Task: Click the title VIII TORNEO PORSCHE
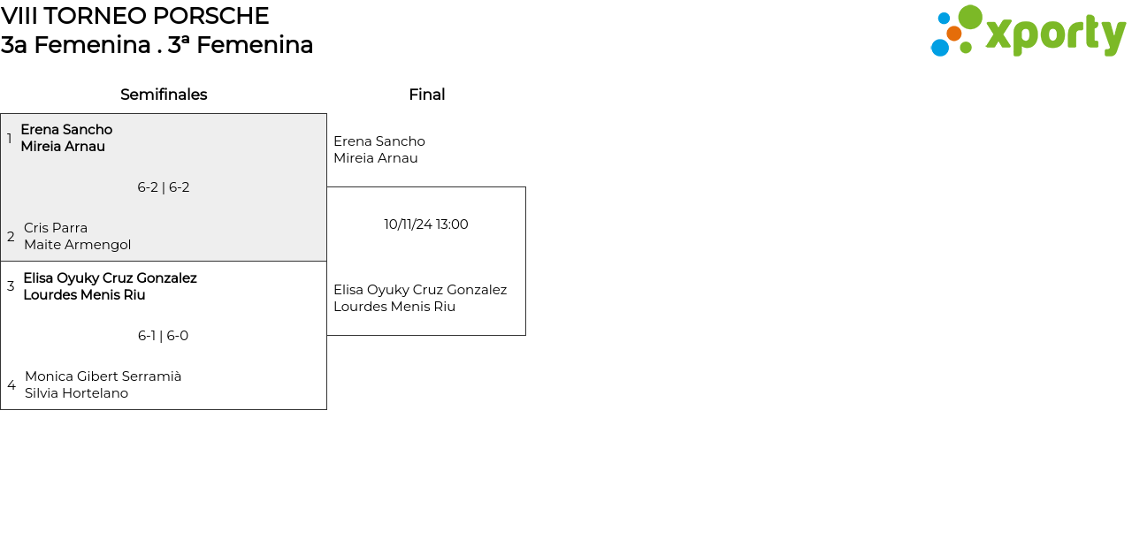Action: point(134,16)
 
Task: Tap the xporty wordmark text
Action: point(1056,34)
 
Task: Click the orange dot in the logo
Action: point(953,34)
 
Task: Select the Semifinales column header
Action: point(164,95)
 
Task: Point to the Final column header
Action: point(427,95)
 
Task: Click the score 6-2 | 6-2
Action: point(164,187)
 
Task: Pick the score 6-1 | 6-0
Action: point(164,336)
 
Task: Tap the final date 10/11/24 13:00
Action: point(426,224)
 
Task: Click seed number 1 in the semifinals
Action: point(9,138)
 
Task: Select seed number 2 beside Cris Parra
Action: point(11,236)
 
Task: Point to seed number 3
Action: point(11,286)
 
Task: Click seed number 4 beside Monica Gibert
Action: point(11,384)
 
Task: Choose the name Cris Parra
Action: point(56,228)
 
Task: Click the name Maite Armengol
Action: point(77,245)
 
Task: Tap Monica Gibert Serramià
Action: point(103,376)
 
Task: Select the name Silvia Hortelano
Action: point(76,393)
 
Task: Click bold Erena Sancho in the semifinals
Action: point(66,130)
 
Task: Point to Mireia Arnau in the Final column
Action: point(376,158)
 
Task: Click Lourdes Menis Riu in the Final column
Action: point(394,307)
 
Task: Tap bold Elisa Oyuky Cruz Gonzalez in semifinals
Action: point(111,278)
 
